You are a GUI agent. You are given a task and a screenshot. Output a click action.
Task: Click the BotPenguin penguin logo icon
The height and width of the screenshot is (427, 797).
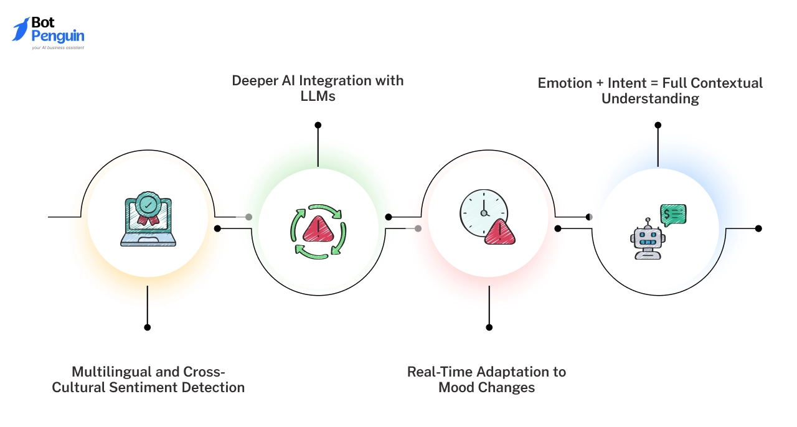[x=21, y=29]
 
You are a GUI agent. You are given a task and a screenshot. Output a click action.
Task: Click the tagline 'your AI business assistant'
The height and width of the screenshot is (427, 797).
[x=58, y=47]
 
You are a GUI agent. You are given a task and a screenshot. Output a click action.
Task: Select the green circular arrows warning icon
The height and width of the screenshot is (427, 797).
[x=318, y=231]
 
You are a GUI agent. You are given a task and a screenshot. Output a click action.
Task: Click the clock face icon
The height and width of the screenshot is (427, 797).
[x=483, y=212]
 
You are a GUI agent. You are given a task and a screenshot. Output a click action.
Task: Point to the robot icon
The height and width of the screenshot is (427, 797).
[x=648, y=240]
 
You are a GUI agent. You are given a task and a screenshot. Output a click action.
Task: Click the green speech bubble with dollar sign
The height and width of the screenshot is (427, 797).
[x=673, y=214]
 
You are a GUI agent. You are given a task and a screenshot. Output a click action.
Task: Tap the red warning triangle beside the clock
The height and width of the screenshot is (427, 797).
[x=501, y=233]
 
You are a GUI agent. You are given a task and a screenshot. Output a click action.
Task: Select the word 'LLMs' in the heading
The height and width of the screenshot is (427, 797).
[x=318, y=96]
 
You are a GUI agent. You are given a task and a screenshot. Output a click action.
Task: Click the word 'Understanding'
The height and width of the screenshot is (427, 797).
[x=650, y=99]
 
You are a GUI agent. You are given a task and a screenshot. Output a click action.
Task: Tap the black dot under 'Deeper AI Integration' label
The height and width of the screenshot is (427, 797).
[x=318, y=125]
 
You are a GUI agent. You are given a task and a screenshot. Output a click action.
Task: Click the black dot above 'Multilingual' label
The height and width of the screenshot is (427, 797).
[x=148, y=327]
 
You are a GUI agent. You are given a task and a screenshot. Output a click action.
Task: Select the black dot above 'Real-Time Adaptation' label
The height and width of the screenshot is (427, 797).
[x=489, y=327]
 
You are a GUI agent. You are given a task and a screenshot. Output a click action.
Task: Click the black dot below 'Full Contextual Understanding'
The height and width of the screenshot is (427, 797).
[x=658, y=125]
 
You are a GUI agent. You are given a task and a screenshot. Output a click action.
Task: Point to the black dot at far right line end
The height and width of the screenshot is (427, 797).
[x=758, y=228]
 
